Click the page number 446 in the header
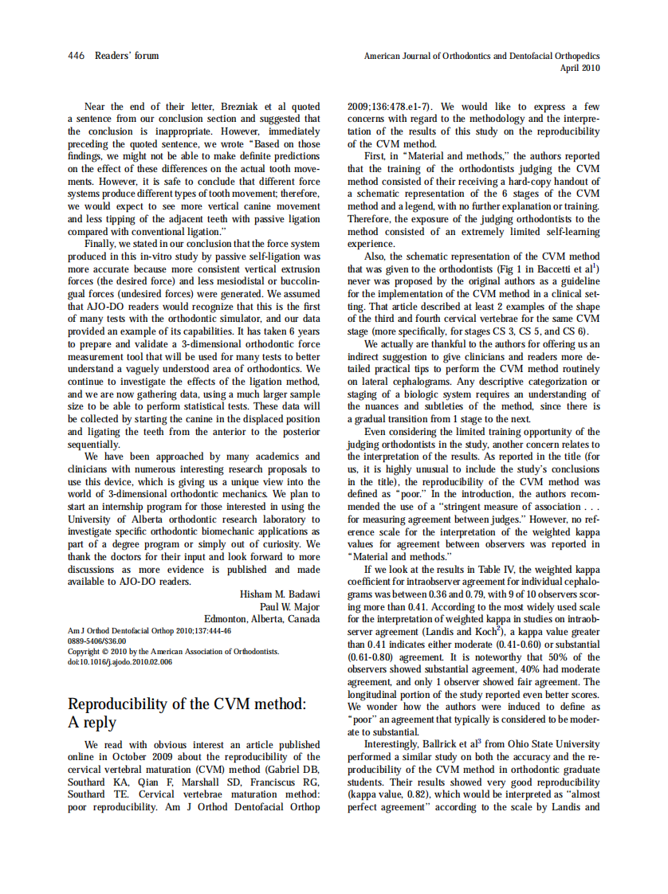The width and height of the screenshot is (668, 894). (77, 56)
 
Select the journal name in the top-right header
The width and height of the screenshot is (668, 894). (481, 57)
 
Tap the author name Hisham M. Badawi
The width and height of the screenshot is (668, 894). (280, 594)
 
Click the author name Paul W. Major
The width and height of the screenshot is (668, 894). (289, 606)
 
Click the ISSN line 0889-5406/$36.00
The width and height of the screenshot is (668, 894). (96, 641)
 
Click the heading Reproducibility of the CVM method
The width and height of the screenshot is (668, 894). (187, 704)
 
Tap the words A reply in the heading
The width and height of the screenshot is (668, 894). (92, 723)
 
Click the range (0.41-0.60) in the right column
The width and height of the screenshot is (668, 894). (530, 645)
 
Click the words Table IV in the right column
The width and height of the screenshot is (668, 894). (496, 570)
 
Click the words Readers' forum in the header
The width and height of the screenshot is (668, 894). (127, 56)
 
